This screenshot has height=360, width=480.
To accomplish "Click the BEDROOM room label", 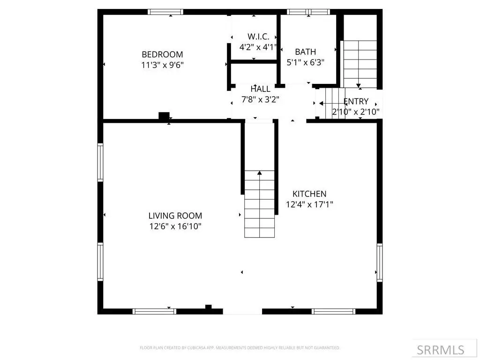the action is [162, 54].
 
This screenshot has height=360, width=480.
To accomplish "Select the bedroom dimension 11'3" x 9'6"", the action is [162, 65].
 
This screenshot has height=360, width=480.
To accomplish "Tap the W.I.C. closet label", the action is [258, 37].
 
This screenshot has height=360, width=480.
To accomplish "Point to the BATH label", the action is [305, 52].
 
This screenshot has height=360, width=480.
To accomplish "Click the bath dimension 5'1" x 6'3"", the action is [305, 62].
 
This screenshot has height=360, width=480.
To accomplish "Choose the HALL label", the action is [260, 89].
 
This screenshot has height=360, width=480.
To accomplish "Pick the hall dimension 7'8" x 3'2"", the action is [260, 100].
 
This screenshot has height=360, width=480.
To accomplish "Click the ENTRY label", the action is [356, 101].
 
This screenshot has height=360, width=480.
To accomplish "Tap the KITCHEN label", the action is [309, 194].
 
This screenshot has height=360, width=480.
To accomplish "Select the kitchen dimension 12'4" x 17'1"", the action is [309, 204].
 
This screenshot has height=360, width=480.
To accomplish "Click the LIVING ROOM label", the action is [175, 216].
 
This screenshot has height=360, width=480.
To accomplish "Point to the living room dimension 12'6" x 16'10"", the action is [175, 226].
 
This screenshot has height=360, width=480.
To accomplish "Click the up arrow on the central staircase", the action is [260, 173].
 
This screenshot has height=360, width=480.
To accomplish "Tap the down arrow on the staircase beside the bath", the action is [358, 86].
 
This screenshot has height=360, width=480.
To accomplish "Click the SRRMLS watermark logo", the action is [441, 350].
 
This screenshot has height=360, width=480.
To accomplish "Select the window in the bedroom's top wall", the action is [165, 12].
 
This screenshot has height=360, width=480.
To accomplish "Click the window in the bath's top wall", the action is [308, 12].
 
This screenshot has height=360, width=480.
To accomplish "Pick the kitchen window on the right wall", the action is [380, 262].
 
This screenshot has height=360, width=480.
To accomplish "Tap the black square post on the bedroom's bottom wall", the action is [164, 116].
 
